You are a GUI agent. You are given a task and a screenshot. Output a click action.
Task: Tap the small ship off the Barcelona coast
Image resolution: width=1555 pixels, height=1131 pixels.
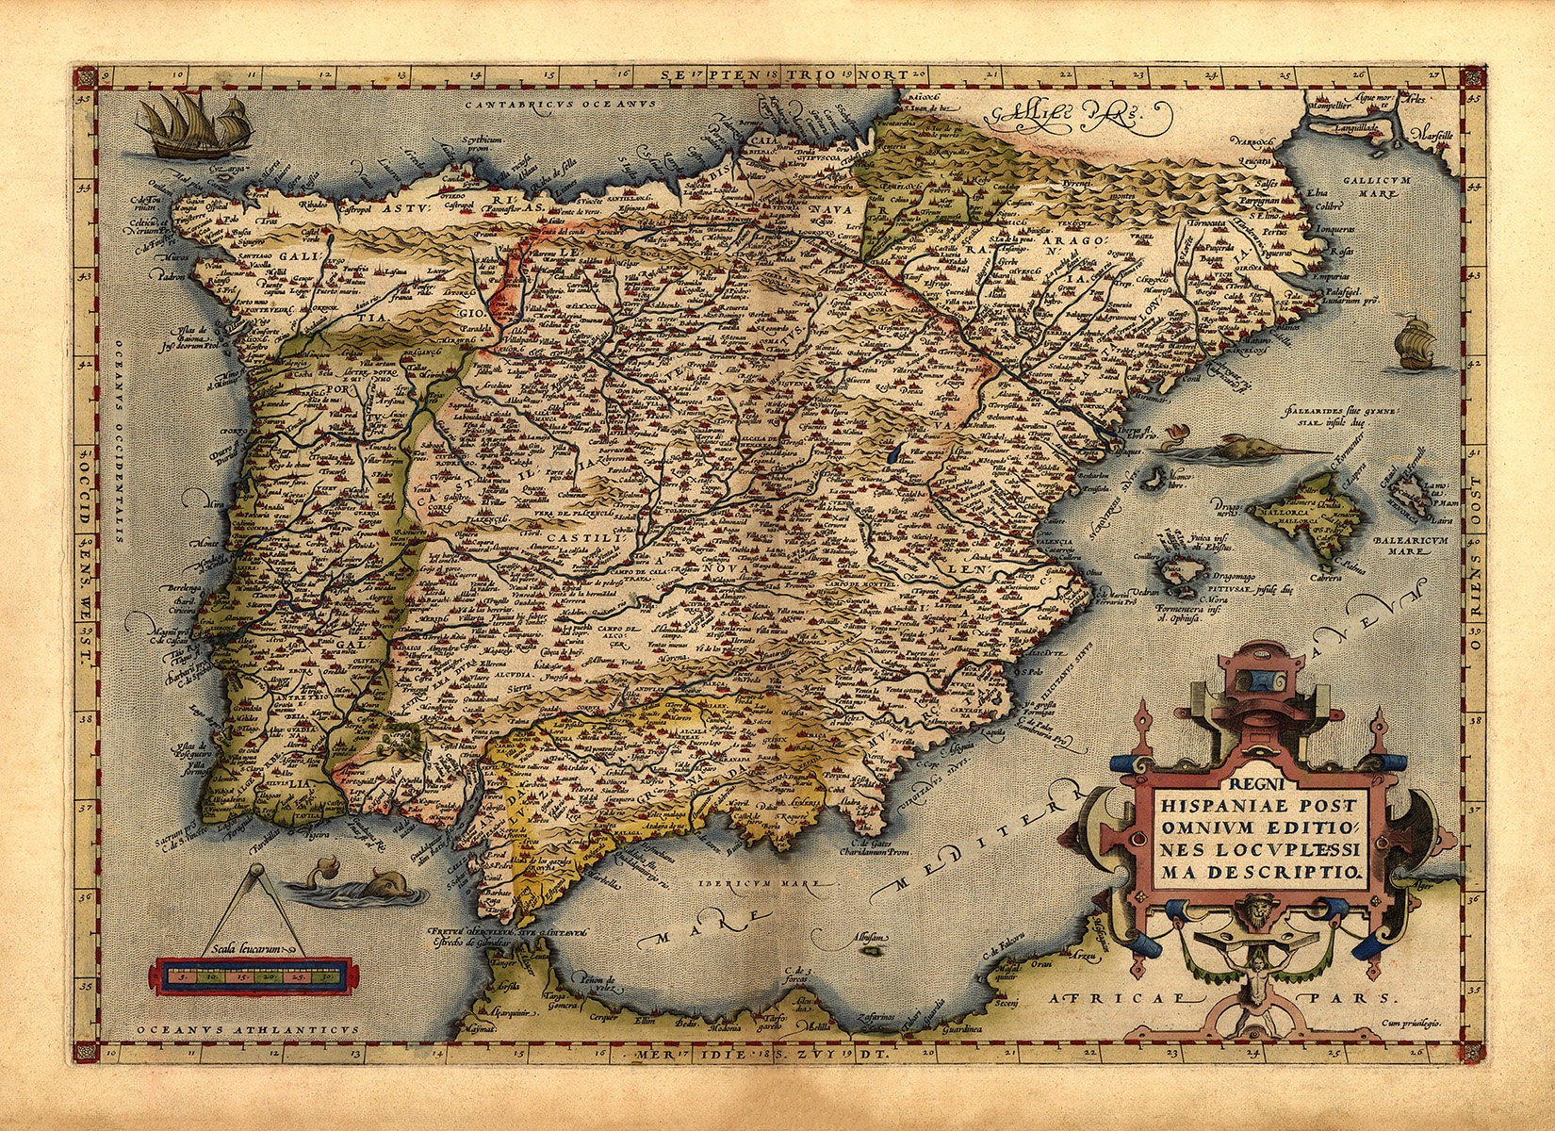point(1414,344)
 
